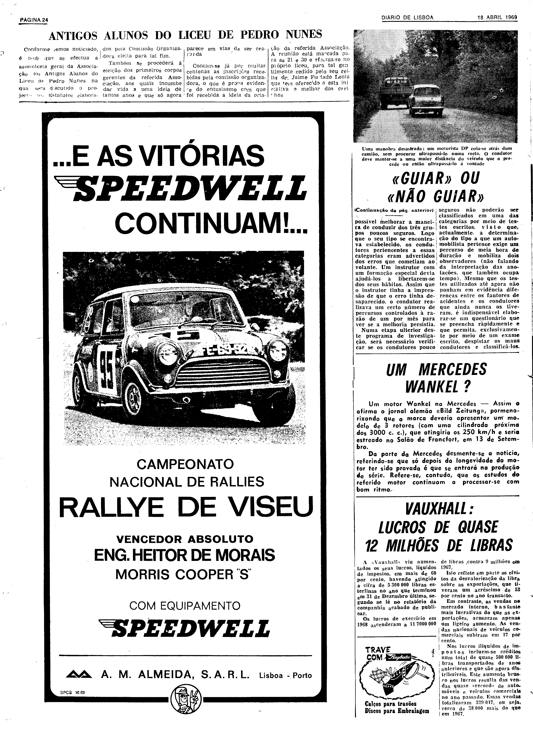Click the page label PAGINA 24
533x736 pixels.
pyautogui.click(x=34, y=20)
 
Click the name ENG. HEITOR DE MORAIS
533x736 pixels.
pyautogui.click(x=184, y=555)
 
